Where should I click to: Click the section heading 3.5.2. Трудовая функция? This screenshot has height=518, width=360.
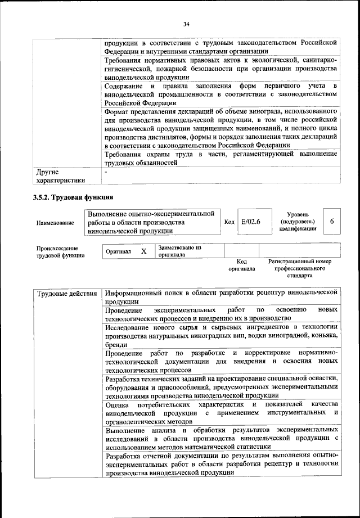73,197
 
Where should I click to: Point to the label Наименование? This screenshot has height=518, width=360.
55,223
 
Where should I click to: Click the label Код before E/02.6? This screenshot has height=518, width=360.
229,222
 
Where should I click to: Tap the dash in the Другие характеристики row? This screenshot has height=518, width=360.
105,171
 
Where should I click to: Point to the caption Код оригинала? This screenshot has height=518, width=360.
241,265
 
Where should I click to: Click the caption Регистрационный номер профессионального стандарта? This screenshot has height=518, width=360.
299,268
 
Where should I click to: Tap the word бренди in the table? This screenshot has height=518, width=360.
116,344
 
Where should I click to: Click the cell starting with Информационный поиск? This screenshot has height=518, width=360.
220,297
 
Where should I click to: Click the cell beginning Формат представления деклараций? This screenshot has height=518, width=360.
220,128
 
